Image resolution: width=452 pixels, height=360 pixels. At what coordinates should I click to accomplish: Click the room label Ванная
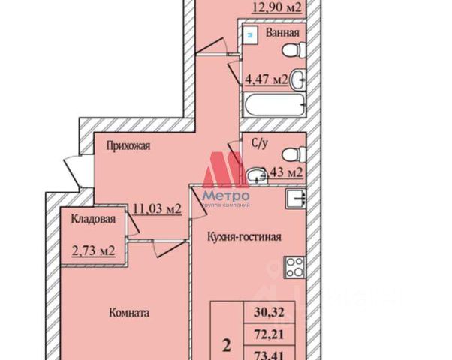coord(283,33)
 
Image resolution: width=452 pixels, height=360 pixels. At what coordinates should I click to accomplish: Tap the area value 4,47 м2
coord(267,79)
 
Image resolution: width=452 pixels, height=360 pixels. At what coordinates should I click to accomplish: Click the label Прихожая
coord(128,146)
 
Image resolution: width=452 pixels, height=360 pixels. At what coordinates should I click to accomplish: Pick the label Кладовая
coord(93,219)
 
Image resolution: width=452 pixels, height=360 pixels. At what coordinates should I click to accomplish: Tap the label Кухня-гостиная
coord(244,237)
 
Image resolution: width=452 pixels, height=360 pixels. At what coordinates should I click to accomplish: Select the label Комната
coord(128,312)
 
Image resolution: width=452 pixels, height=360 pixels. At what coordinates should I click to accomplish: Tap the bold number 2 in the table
coord(226,346)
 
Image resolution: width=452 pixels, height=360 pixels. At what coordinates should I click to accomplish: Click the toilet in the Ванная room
coord(291,51)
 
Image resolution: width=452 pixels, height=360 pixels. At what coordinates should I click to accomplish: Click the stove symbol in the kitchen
coord(294,266)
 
